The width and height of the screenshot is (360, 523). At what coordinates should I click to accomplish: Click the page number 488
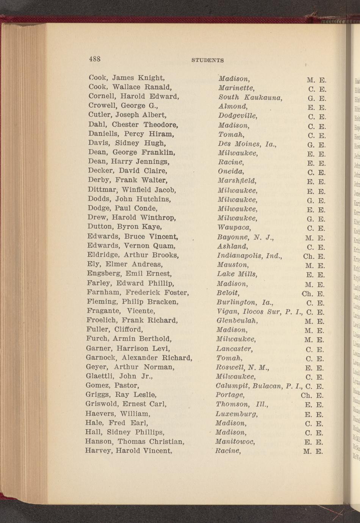tap(95, 59)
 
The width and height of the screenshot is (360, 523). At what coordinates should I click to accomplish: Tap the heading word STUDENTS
tap(207, 60)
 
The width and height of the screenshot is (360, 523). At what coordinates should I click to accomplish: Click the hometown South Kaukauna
tap(250, 98)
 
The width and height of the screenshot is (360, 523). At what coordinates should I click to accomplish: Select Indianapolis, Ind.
tap(250, 255)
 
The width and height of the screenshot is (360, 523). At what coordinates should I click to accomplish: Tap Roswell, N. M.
tap(242, 367)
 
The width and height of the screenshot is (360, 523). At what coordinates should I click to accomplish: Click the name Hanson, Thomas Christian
tap(135, 442)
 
